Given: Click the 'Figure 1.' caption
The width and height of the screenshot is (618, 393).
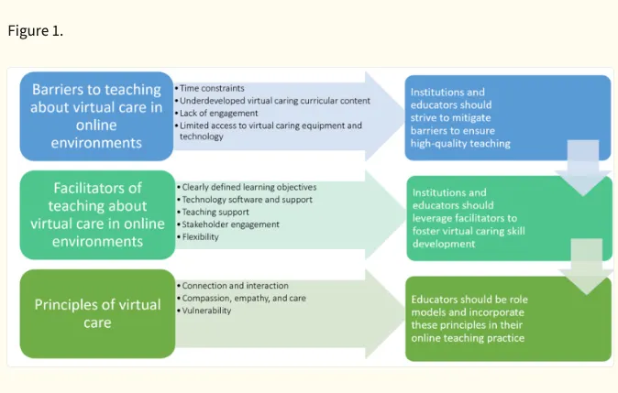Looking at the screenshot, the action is coord(36,31).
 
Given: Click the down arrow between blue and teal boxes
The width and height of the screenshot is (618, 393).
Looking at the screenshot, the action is coord(583,168).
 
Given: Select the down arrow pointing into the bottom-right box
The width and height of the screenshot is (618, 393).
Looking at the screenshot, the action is coord(587,267).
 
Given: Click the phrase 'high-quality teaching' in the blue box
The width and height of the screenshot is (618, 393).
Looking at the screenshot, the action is coord(460,144).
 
